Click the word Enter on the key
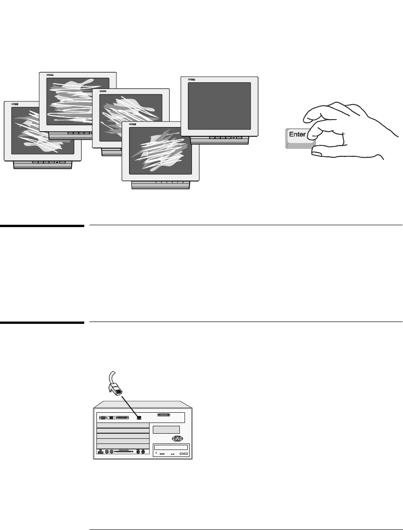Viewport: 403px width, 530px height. coord(298,134)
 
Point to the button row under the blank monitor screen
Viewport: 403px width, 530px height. coord(225,138)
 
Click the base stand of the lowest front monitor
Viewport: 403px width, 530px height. coord(161,185)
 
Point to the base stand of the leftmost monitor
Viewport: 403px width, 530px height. coord(43,164)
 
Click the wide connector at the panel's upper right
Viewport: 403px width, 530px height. coord(164,415)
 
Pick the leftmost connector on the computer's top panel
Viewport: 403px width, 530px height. coord(102,417)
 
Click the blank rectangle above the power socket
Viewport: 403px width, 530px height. coord(166,429)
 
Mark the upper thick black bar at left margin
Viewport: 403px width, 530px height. coord(41,226)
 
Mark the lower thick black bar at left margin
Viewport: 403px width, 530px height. coord(41,322)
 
